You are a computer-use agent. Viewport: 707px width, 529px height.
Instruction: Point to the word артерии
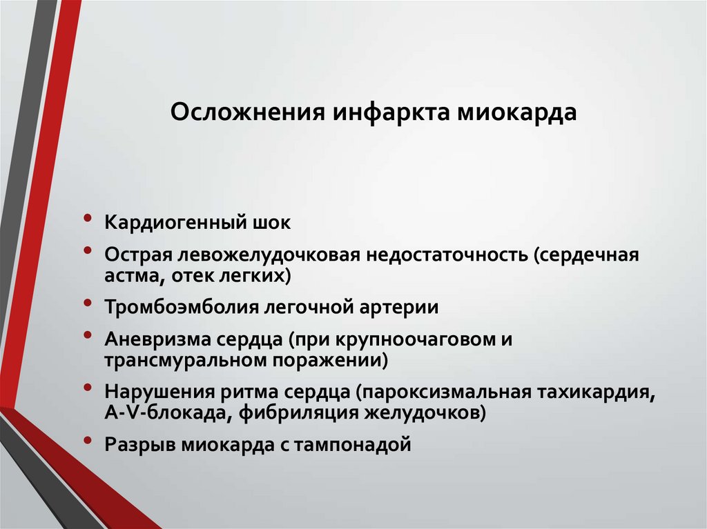pos(405,307)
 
